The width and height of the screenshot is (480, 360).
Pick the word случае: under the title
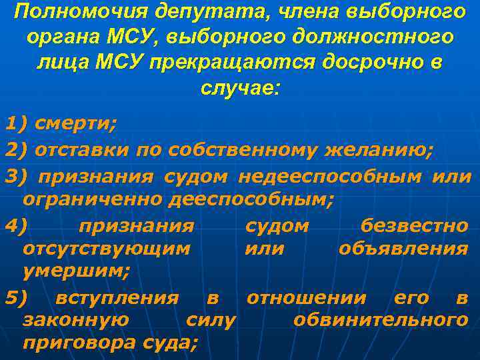click(x=241, y=87)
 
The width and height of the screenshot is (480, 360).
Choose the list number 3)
click(x=15, y=176)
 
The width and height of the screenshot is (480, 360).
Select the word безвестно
click(x=413, y=226)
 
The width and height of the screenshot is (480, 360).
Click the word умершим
click(x=75, y=271)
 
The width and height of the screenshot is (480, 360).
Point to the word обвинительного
click(x=380, y=321)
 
